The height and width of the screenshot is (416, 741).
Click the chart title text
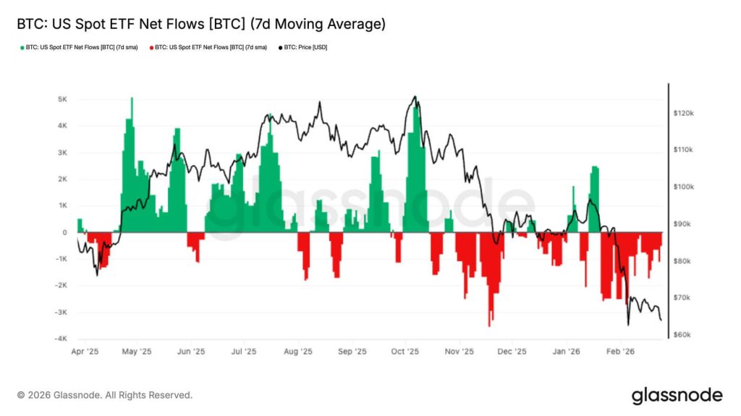point(200,24)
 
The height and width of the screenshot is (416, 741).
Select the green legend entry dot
point(22,48)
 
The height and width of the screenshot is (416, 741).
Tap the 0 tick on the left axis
point(65,232)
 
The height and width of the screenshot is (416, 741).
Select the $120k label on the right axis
point(684,114)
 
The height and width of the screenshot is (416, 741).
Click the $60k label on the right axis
point(684,335)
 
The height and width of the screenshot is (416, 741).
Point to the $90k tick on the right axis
point(684,224)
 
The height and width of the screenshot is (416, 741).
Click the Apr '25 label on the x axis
point(85,352)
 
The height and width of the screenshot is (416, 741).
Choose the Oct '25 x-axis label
point(405,352)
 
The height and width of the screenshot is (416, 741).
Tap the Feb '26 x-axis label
point(619,352)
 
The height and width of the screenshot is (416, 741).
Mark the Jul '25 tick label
point(244,352)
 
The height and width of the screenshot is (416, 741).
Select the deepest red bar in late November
point(489,324)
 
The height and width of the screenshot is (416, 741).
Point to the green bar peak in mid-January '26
point(595,168)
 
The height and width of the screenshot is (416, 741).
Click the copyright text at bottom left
point(105,395)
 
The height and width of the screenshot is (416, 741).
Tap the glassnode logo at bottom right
point(677,395)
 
